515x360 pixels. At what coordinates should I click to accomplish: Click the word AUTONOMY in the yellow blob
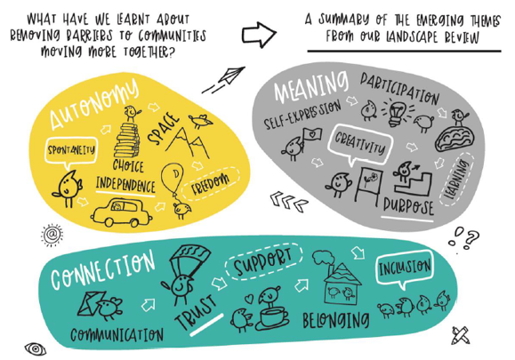point(94,103)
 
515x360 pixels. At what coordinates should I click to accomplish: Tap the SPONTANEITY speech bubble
point(71,150)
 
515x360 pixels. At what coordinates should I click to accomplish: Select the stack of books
point(127,140)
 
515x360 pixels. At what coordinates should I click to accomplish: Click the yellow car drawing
point(121,212)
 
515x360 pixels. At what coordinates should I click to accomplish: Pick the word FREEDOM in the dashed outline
point(211,184)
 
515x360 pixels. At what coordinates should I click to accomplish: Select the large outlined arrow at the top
point(259,35)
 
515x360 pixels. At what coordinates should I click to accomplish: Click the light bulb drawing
point(397,112)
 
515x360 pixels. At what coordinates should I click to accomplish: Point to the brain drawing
point(455,139)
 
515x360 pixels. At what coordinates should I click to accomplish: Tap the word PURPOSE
point(408,206)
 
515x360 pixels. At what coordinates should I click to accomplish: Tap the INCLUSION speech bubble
point(405,268)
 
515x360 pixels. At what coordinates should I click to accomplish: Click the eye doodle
point(36,348)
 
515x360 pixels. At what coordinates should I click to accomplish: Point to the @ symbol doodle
point(52,235)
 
